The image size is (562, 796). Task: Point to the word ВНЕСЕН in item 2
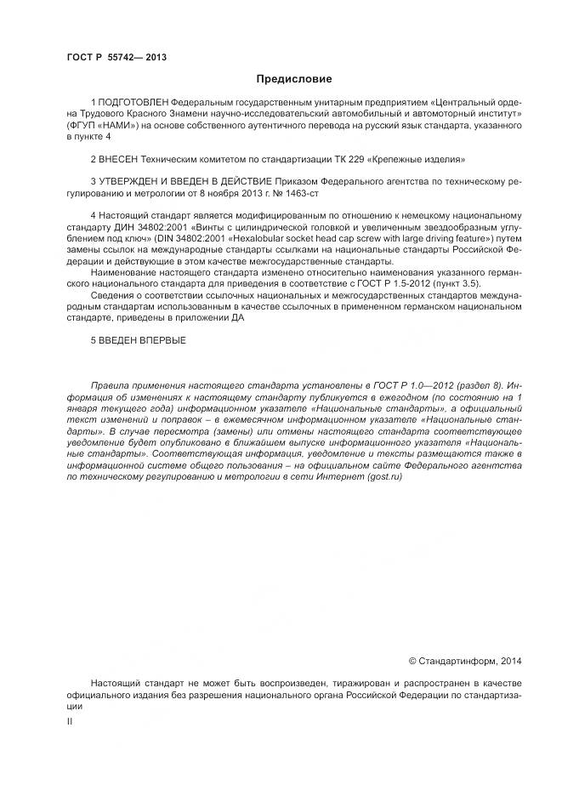tap(116, 159)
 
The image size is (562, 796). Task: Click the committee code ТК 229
tap(343, 159)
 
